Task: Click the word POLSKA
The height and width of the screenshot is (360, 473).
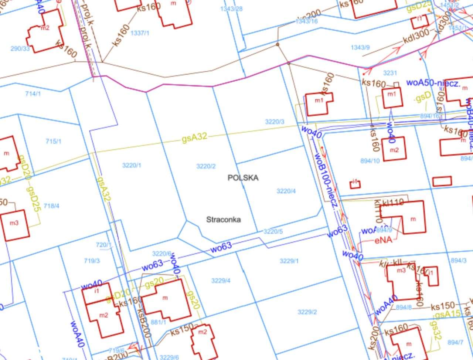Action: (x=243, y=178)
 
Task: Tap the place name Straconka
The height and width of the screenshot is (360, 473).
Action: (x=223, y=220)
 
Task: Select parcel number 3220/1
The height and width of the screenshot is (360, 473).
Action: (x=132, y=165)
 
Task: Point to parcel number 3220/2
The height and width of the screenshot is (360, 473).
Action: (x=206, y=166)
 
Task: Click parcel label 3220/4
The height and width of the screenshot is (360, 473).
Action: (x=286, y=191)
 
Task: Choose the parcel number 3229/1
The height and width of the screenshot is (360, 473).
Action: (x=289, y=261)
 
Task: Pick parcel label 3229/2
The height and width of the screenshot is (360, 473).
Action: (x=307, y=312)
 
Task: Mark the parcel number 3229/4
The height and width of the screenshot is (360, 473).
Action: (x=221, y=281)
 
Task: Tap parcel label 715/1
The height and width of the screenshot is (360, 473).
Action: (x=53, y=141)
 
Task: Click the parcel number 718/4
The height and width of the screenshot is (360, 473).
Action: (x=51, y=206)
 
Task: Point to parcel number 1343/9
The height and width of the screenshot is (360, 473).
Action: (x=360, y=47)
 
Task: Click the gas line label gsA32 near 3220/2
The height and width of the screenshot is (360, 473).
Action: (x=194, y=137)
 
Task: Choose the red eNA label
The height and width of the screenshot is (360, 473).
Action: (x=383, y=240)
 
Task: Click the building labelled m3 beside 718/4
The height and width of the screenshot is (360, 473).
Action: (x=14, y=223)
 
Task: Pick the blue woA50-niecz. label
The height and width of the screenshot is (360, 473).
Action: (x=433, y=83)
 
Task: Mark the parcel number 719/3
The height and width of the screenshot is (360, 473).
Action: (x=92, y=261)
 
